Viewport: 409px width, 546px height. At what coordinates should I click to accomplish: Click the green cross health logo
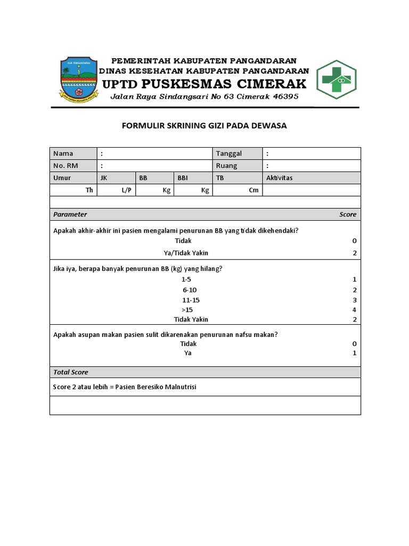point(336,80)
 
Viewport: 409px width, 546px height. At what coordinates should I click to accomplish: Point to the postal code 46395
point(285,97)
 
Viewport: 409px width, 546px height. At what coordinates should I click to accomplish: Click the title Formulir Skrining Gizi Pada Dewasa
point(204,126)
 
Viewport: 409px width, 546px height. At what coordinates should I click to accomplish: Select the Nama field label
point(63,154)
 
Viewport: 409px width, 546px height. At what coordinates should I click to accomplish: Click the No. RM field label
point(66,166)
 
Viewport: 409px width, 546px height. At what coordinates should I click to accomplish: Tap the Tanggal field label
point(229,154)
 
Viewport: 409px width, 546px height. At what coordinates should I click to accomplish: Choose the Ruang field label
point(227,166)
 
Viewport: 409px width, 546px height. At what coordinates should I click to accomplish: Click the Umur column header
point(62,178)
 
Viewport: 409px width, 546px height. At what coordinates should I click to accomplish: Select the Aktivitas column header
point(280,178)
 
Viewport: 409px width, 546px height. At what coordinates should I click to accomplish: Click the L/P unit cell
point(126,190)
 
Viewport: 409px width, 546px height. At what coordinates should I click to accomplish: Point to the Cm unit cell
point(253,190)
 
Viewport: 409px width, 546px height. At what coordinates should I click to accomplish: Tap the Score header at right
point(348,214)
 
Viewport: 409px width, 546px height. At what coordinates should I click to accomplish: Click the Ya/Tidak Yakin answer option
point(186,253)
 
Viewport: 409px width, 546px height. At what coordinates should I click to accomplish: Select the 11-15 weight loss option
point(191,300)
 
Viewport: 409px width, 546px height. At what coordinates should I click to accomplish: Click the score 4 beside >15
point(354,310)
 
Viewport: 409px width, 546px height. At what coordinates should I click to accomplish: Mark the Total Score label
point(71,372)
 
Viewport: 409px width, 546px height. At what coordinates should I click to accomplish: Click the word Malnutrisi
point(179,387)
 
